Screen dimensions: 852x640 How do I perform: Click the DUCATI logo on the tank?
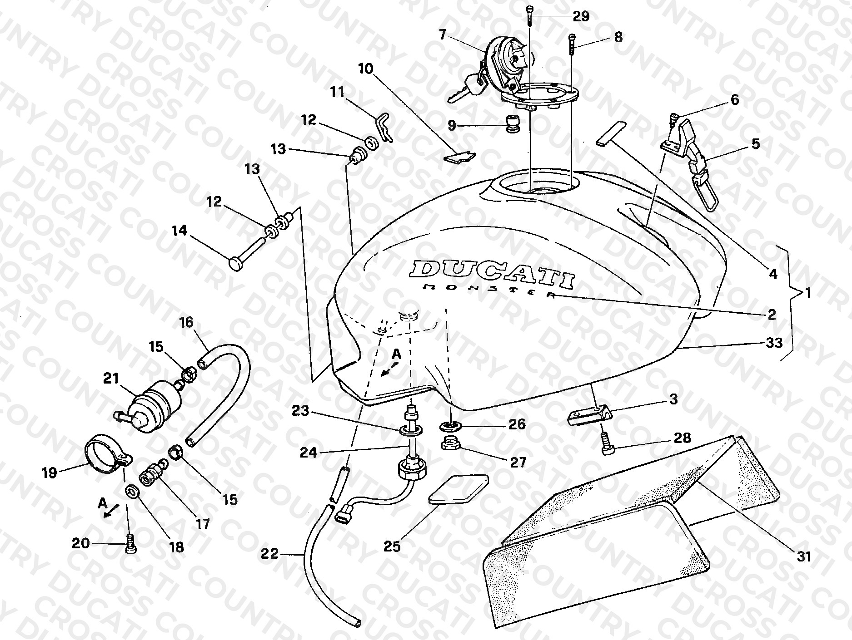click(x=492, y=274)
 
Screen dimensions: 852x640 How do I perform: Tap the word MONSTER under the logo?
click(x=489, y=290)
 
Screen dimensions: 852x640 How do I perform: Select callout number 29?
click(x=581, y=17)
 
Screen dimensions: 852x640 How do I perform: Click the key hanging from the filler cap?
click(x=467, y=89)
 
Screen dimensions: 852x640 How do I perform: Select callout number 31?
click(x=804, y=556)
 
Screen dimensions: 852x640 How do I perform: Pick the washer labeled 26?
click(x=450, y=426)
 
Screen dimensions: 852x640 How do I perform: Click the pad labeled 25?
click(x=459, y=489)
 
